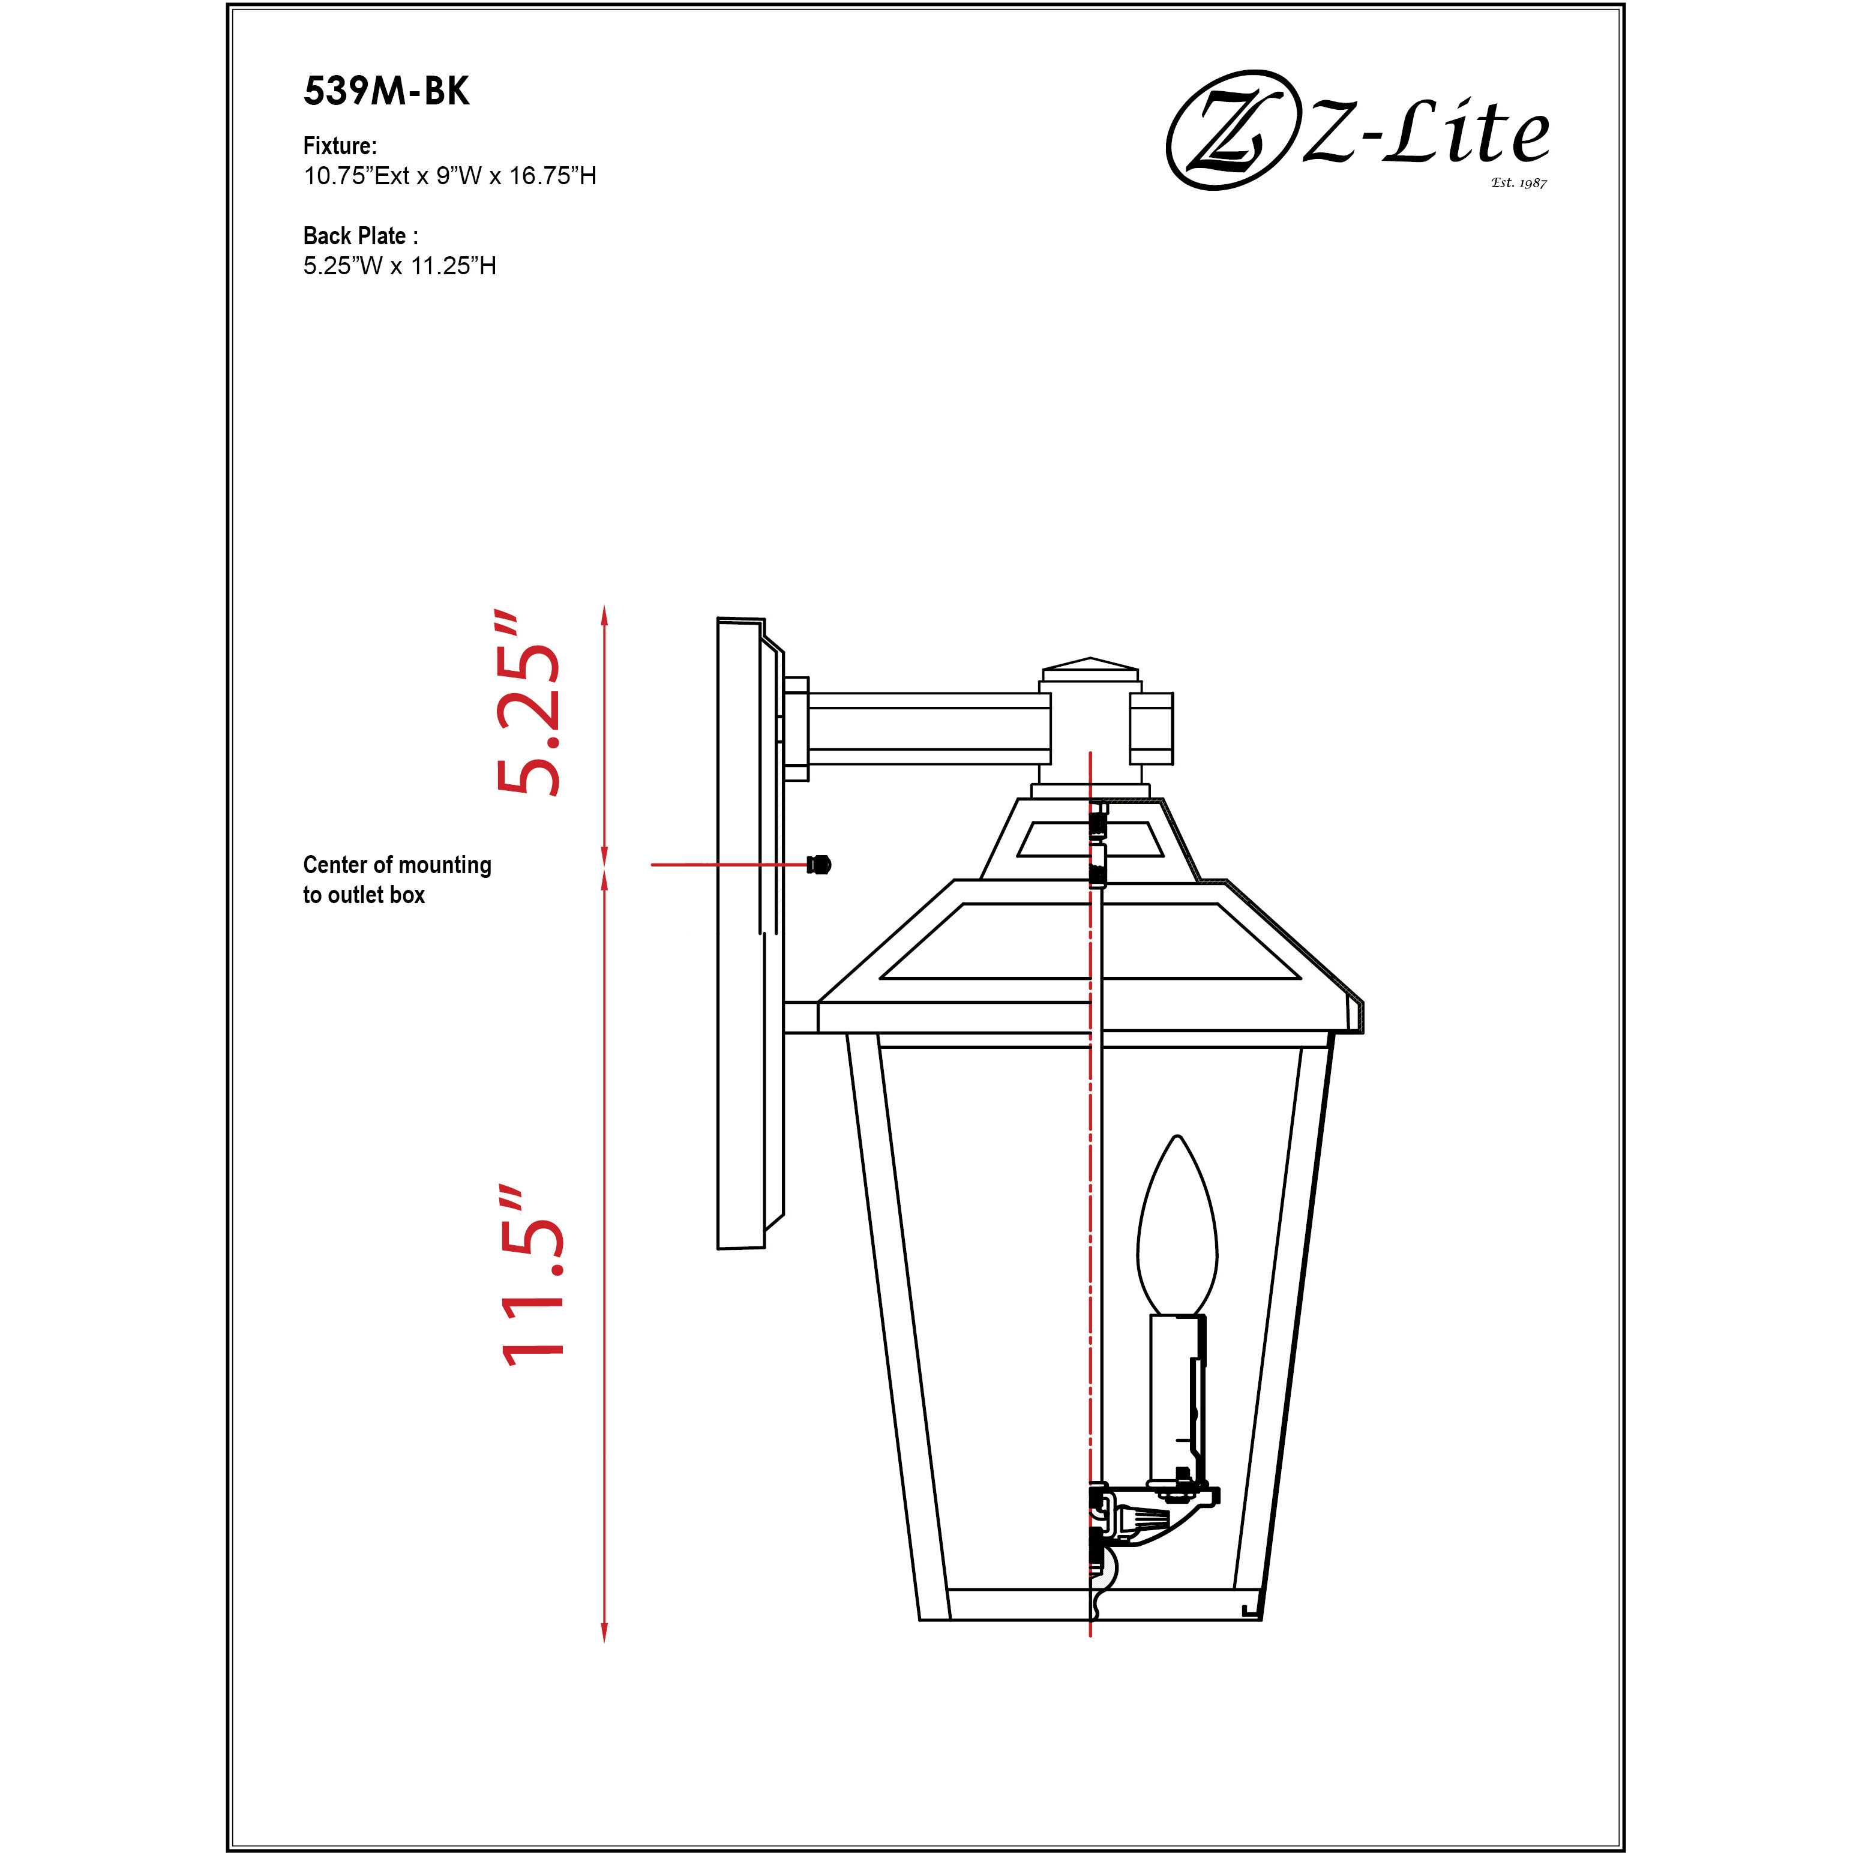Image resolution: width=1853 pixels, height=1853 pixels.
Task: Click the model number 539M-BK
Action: coord(386,91)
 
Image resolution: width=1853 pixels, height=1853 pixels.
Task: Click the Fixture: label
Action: coord(340,146)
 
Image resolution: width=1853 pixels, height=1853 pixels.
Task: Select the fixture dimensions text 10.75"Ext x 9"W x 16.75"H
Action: coord(450,176)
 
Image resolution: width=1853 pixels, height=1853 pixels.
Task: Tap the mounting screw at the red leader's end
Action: coord(819,864)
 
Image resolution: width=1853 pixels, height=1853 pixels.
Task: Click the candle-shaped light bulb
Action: coord(1177,1228)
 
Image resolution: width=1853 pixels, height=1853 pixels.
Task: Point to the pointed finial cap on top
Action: coord(1090,664)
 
